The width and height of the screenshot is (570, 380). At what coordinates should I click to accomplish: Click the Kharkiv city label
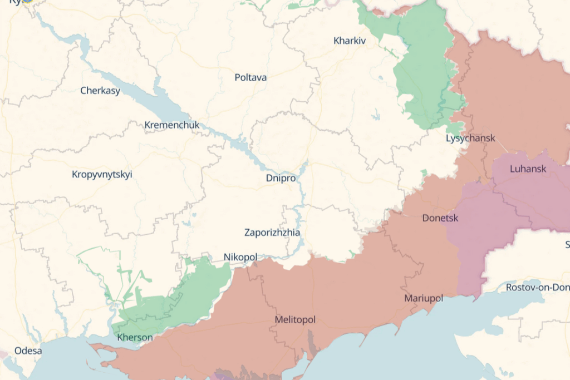350,41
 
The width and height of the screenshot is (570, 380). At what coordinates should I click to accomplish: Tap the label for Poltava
250,77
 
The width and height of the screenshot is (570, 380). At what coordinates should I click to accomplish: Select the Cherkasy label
100,90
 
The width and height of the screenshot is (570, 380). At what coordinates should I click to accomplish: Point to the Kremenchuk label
171,125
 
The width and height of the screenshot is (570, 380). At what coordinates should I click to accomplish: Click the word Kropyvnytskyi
102,174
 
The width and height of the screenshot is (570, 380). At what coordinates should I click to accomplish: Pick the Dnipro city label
281,178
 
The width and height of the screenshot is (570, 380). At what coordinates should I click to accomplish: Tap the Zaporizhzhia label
272,233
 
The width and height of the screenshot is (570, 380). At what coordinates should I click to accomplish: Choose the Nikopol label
240,257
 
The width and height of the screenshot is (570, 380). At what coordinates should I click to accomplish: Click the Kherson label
135,337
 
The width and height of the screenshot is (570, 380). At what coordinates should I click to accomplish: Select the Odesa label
28,351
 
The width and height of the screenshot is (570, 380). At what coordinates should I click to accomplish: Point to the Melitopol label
295,320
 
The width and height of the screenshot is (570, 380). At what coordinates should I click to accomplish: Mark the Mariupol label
424,298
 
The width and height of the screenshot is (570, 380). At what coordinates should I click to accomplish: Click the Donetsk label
440,218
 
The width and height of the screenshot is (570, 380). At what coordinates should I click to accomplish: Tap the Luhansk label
528,169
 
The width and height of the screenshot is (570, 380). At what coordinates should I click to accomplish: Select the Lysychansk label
470,138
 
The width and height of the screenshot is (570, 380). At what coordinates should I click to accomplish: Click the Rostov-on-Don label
537,287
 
